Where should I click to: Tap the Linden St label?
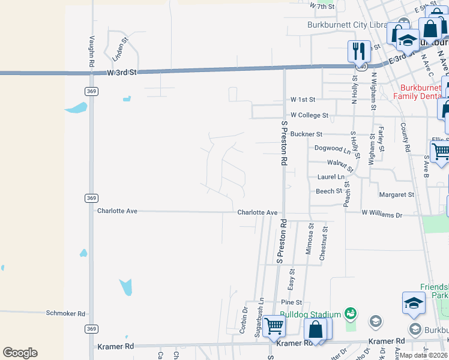coord(121,50)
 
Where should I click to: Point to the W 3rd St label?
coord(122,72)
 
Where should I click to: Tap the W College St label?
coord(309,115)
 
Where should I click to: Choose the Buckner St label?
coord(306,134)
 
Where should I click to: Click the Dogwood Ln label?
coord(328,148)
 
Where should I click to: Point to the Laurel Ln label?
coord(331,177)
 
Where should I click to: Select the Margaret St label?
coord(396,195)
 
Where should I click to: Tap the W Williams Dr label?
coord(381,213)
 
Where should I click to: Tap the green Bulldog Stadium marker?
coord(351,314)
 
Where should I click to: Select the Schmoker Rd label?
coord(65,313)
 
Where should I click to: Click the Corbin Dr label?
coord(244,321)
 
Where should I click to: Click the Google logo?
coord(20,353)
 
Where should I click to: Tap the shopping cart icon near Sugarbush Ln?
coord(274,326)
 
